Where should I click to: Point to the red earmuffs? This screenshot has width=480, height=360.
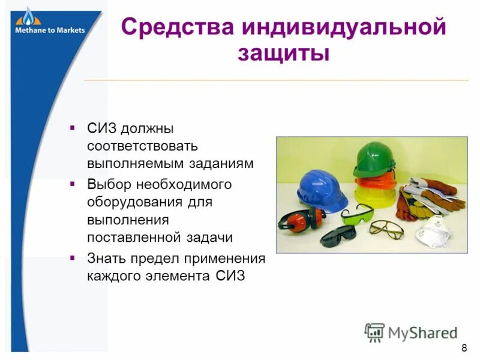coord(299,221)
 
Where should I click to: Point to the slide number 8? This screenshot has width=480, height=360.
coord(464,349)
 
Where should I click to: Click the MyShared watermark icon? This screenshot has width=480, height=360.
coord(374,332)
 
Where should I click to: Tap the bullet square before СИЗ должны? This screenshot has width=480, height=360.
coord(73,128)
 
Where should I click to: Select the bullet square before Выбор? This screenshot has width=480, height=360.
coord(73,184)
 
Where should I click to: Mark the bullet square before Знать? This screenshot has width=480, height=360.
coord(73,258)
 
